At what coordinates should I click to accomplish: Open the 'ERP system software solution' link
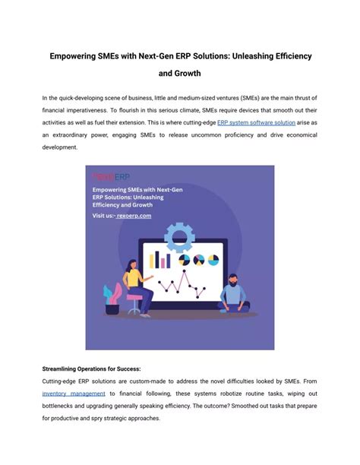[x=256, y=122]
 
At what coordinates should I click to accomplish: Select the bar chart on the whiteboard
[x=159, y=261]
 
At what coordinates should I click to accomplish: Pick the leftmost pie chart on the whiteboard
[x=182, y=261]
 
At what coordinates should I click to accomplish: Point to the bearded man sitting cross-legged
[x=233, y=293]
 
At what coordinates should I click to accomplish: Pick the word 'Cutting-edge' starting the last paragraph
[x=60, y=381]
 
